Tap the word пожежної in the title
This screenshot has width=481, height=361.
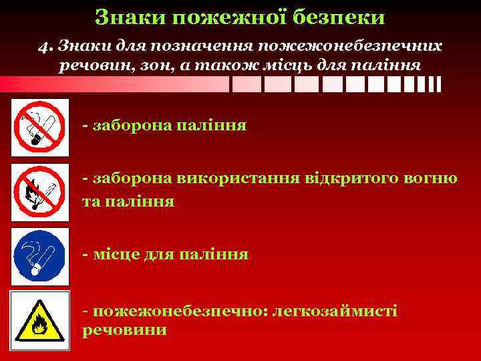[x=237, y=17]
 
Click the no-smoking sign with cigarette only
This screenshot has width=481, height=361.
[x=40, y=127]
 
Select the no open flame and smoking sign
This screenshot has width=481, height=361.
[x=40, y=191]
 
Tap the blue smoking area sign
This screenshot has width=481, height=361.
[x=40, y=254]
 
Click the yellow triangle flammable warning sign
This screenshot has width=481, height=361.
[x=40, y=318]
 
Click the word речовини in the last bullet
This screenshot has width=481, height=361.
[x=124, y=330]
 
